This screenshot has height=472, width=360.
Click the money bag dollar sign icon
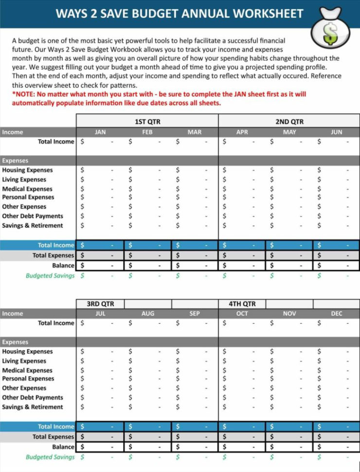[x=330, y=33]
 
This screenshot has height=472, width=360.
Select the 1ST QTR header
[x=147, y=122]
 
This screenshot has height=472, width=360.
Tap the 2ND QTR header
[x=289, y=122]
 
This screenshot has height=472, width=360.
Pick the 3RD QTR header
[x=100, y=304]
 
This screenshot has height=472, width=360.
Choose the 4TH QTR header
[x=242, y=304]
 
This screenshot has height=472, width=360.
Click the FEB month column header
[x=147, y=132]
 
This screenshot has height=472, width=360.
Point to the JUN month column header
[x=337, y=132]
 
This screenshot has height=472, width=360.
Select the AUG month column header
[x=147, y=314]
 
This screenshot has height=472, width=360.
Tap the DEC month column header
[x=337, y=314]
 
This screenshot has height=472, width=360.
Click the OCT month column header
[x=242, y=314]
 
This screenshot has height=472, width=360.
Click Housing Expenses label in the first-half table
[x=27, y=170]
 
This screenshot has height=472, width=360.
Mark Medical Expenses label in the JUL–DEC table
[x=27, y=370]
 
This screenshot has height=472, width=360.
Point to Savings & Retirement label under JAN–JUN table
[x=33, y=226]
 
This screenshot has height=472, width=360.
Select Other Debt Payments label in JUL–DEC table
[x=33, y=398]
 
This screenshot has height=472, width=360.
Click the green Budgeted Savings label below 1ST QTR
[x=50, y=276]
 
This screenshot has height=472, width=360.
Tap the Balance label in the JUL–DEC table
[x=63, y=447]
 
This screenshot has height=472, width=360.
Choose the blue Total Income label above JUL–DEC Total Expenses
[x=56, y=427]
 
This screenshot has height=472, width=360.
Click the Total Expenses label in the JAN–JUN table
[x=53, y=255]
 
